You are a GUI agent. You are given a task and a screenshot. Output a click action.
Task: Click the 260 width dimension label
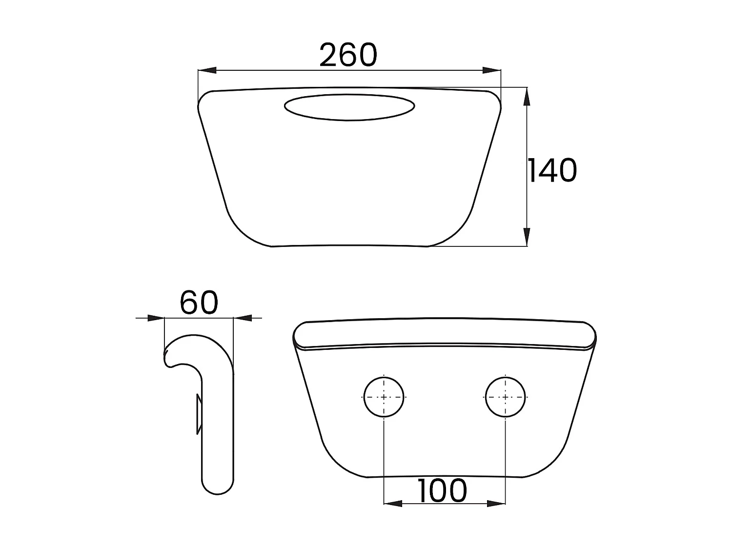coord(348,55)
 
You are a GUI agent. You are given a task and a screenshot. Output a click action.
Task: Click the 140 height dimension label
coord(552,171)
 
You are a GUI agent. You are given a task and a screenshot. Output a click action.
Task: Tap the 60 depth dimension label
coord(199,303)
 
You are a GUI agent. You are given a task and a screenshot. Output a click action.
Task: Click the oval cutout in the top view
coord(349,107)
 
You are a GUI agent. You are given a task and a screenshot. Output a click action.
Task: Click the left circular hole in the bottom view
coord(384,397)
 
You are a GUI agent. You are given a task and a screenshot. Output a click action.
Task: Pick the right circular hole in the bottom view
coord(506,397)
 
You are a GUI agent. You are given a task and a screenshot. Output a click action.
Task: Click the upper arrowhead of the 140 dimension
coord(526,97)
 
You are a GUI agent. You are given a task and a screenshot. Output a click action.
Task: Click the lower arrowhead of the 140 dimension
coord(526,237)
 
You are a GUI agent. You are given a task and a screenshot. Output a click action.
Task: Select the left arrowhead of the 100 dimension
coord(393,503)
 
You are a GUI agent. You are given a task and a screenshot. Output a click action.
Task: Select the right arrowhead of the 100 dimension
coord(496,503)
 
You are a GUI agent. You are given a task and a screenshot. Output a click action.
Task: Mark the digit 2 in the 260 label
coord(329,55)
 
